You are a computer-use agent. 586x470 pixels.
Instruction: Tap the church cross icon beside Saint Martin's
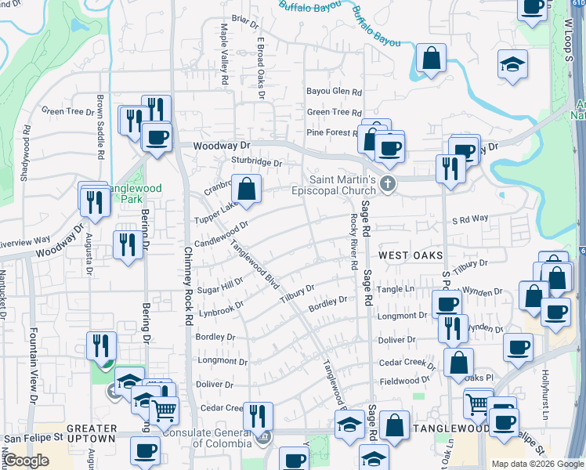[x=387, y=184]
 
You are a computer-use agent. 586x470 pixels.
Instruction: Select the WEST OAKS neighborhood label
[x=411, y=256]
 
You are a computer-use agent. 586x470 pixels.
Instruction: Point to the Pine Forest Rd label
[x=332, y=132]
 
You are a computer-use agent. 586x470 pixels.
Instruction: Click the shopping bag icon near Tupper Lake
[x=247, y=189]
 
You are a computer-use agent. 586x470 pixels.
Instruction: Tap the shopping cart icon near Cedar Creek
[x=164, y=410]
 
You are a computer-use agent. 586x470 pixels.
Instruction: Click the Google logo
[x=26, y=461]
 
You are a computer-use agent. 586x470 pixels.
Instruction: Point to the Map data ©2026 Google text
[x=537, y=464]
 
